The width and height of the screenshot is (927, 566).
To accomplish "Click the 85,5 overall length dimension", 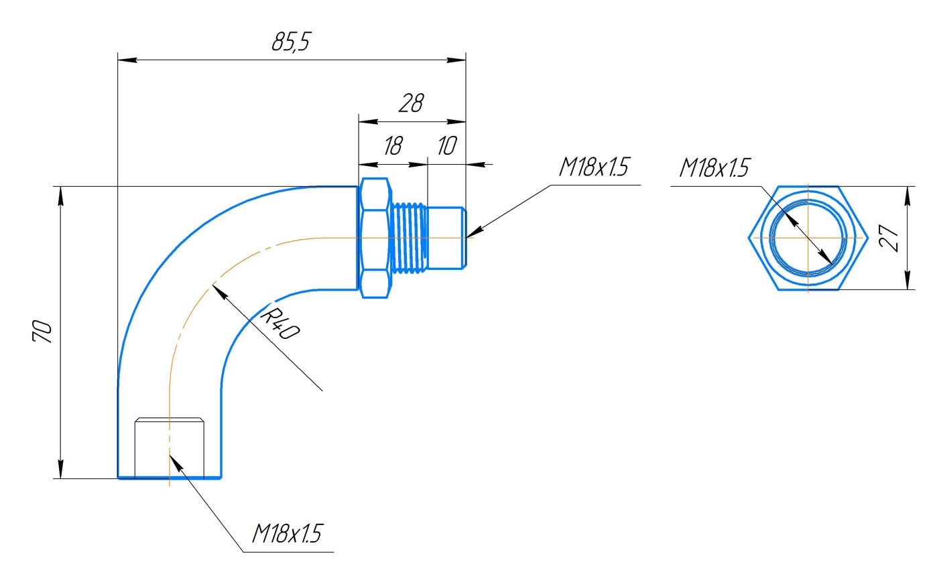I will point(291,43).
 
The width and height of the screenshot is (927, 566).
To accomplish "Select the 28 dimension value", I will point(411,104).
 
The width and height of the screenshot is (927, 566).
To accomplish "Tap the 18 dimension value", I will point(392,146).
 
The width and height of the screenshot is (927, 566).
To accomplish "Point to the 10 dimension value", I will point(446,146).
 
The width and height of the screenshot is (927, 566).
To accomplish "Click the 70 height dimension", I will point(42,332).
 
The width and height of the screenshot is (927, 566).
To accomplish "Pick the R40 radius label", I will point(279,324).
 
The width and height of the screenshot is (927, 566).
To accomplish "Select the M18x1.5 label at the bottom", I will point(287,535).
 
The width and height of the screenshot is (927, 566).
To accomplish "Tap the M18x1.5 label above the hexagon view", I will point(714,168).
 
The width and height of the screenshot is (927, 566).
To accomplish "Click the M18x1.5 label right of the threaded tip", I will point(594,167).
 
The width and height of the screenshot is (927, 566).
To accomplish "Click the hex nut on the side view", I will point(374,238).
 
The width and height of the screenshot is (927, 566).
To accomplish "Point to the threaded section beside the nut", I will point(409,238).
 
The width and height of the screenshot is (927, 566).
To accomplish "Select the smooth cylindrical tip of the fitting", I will point(446,238).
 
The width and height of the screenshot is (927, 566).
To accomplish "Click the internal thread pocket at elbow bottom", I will point(170,447).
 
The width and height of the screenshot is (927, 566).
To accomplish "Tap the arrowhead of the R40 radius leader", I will point(216,288).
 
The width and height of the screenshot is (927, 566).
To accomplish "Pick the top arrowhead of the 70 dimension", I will point(61,193).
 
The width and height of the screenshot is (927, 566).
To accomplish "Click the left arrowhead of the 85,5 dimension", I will point(125,60).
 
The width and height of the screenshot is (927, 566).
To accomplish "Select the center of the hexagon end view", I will point(808,237).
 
